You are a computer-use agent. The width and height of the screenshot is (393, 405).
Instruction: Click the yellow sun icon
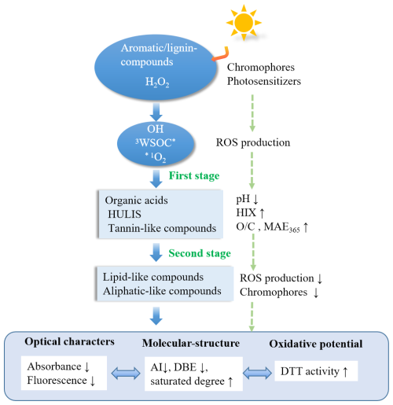(x=244, y=23)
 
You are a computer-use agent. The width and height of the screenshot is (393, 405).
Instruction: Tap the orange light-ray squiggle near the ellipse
(x=221, y=54)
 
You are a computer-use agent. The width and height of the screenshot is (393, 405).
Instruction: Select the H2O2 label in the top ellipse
(x=157, y=82)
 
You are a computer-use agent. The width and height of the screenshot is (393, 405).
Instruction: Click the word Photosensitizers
(x=264, y=81)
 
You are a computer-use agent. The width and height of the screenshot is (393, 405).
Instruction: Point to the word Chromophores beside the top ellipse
(x=261, y=68)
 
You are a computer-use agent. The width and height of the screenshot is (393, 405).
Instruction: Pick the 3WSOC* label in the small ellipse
(x=155, y=142)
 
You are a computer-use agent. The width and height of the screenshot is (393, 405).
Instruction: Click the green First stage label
(x=194, y=175)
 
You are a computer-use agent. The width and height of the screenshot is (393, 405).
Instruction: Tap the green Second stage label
(x=200, y=253)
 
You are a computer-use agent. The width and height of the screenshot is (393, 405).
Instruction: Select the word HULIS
(x=124, y=214)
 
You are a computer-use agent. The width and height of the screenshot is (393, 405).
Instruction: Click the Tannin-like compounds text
(x=162, y=228)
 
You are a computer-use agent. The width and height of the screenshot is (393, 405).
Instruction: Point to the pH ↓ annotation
(x=247, y=199)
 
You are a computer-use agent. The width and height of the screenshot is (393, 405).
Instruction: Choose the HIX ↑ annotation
(x=250, y=213)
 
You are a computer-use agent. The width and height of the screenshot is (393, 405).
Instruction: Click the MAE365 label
(x=282, y=227)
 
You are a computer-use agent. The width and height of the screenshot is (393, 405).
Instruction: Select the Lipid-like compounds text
(x=153, y=277)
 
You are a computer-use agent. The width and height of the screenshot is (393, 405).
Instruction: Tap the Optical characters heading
(x=69, y=341)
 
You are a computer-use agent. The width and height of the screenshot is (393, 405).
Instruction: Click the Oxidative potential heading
(x=316, y=344)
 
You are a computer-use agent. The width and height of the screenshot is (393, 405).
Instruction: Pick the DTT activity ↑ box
(x=316, y=371)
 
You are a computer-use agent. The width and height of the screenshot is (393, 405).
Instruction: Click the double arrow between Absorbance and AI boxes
(x=126, y=373)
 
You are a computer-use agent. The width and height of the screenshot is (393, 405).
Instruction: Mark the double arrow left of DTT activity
(x=257, y=373)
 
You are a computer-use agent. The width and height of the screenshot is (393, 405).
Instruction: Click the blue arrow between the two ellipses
(x=156, y=112)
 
